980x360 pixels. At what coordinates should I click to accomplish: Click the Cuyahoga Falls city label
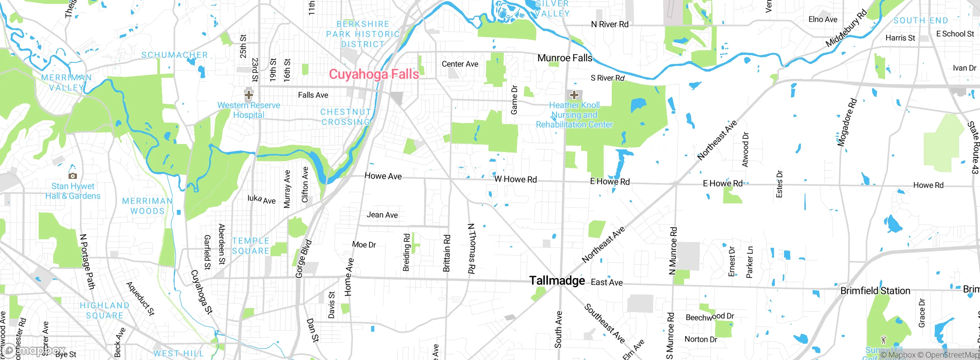(x=374, y=74)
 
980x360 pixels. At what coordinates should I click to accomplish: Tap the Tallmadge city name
(x=557, y=281)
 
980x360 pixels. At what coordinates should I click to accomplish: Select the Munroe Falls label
(x=565, y=58)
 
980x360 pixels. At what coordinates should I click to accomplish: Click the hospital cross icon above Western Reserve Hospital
(x=249, y=94)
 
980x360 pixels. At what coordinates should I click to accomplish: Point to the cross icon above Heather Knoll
(x=574, y=95)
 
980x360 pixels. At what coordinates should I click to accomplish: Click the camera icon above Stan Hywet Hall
(x=73, y=176)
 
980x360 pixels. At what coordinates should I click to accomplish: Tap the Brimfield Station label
(x=875, y=291)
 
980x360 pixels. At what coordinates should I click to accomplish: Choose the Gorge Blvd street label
(x=304, y=259)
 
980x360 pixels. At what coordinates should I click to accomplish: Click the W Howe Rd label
(x=515, y=179)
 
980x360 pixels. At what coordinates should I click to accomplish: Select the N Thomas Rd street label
(x=472, y=249)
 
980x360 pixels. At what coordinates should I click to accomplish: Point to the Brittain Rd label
(x=446, y=253)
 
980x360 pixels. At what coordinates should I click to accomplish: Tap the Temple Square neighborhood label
(x=251, y=246)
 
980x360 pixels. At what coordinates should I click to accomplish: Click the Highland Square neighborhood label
(x=105, y=311)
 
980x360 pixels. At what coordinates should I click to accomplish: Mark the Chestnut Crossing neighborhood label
(x=346, y=117)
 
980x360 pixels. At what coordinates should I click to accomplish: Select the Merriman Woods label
(x=147, y=206)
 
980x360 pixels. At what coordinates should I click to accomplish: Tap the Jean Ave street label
(x=382, y=215)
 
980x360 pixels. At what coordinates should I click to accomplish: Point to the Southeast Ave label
(x=604, y=323)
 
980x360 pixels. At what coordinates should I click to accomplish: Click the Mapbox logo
(x=34, y=350)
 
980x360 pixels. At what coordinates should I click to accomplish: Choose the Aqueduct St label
(x=140, y=299)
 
